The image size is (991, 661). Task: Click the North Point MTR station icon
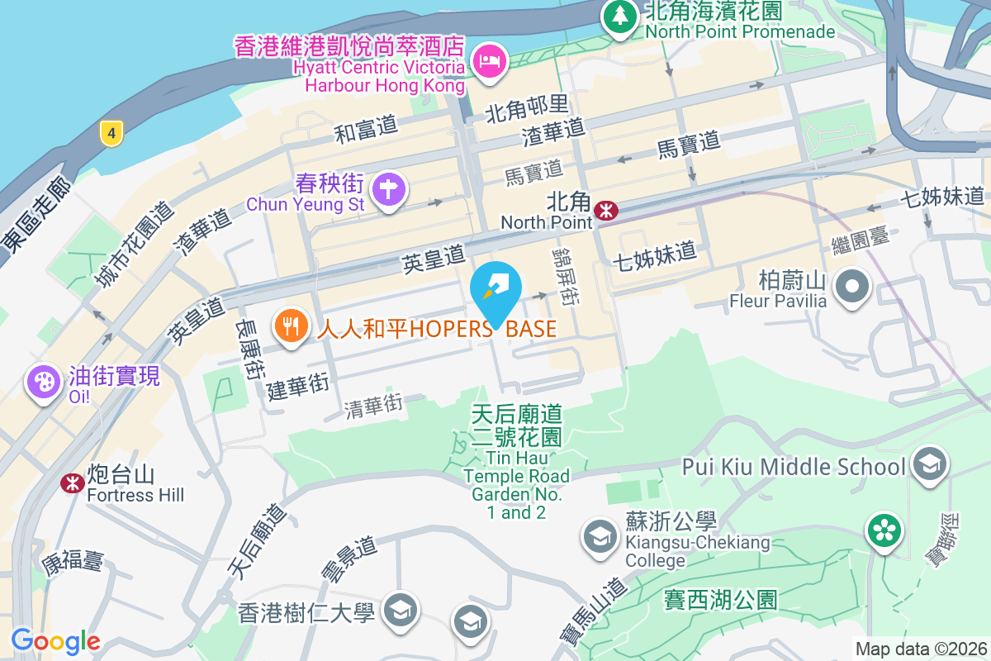coord(606,211)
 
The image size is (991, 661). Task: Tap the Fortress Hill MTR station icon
coord(73,483)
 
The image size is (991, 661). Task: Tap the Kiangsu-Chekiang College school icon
coord(600,537)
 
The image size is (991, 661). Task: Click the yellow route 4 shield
coord(111,132)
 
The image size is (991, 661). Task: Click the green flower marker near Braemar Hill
coord(884,530)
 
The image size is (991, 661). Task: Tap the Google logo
coord(55,641)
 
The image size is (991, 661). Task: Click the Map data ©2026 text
coord(921,649)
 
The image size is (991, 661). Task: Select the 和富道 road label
coord(366,128)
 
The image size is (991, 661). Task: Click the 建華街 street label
coord(298,386)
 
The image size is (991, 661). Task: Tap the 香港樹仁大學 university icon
coord(401,611)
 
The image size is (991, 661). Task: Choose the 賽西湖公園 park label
coord(721,599)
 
